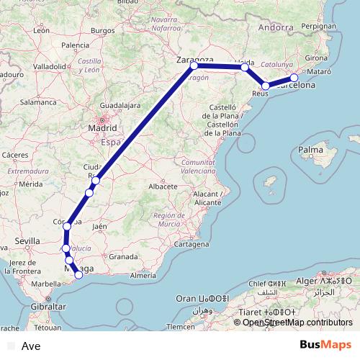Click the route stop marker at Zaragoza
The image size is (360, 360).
point(194,66)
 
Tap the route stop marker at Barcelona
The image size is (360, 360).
point(294,78)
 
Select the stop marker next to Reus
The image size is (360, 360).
point(266,86)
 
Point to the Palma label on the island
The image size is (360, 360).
point(310,150)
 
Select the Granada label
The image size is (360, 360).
point(124,256)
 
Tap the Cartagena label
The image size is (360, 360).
point(191,245)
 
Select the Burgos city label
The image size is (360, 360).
point(103,30)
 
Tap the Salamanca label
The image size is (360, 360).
point(38,103)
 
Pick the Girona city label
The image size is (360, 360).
point(317,57)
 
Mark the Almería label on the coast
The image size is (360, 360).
point(143,275)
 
